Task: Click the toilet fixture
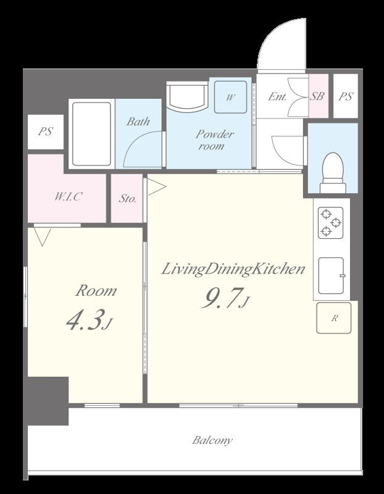click(x=333, y=173)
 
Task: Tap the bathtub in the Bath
click(x=91, y=133)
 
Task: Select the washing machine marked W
click(x=230, y=97)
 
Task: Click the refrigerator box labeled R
click(x=333, y=317)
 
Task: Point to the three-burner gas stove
click(x=330, y=222)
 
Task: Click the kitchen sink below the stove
click(x=332, y=275)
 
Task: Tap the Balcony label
click(x=212, y=440)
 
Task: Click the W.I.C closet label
click(x=68, y=196)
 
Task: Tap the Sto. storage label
click(x=128, y=198)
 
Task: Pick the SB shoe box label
click(x=317, y=96)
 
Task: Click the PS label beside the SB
click(x=346, y=96)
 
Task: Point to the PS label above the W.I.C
click(x=45, y=131)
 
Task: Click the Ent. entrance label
click(x=277, y=96)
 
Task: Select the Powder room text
click(x=214, y=140)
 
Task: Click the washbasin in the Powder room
click(x=187, y=96)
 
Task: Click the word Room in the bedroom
click(x=96, y=290)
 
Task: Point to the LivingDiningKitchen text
click(x=233, y=270)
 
